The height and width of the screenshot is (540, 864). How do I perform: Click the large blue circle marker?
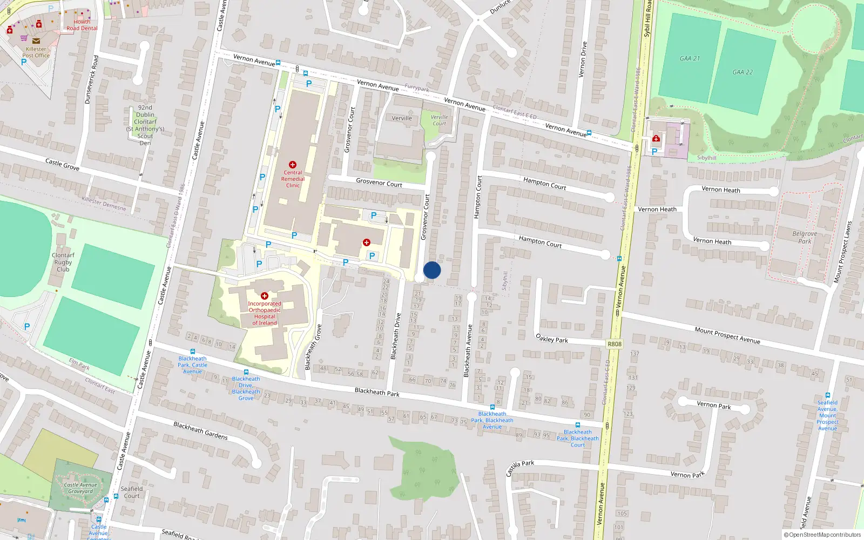pos(432,270)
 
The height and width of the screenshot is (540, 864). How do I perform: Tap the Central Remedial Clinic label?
pos(293,179)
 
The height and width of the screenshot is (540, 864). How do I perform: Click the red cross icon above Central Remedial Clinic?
pos(293,165)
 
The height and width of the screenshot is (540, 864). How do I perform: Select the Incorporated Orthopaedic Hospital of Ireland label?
pos(265,313)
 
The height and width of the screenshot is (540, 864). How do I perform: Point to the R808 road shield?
pos(615,344)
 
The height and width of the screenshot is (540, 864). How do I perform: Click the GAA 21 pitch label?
pos(690,58)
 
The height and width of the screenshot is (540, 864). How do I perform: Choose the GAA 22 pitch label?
pos(742,72)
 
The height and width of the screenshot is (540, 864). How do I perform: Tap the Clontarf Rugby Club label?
pos(63,262)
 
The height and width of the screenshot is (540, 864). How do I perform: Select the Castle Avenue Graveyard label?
pos(80,488)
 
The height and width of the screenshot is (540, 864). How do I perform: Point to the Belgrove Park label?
pos(805,238)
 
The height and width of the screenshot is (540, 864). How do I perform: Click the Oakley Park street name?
pos(551,339)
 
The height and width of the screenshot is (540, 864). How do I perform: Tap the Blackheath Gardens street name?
pos(200,430)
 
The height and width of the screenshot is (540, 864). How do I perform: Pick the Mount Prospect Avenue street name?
pos(727,335)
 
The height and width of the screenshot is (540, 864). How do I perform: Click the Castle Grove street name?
pos(62,164)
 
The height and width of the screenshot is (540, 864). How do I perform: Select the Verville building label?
pos(402,118)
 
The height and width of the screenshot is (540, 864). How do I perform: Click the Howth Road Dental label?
pos(82,25)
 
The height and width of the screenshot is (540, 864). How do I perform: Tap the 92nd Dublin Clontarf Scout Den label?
pos(145,125)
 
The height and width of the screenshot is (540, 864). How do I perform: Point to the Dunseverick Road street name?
pos(92,79)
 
